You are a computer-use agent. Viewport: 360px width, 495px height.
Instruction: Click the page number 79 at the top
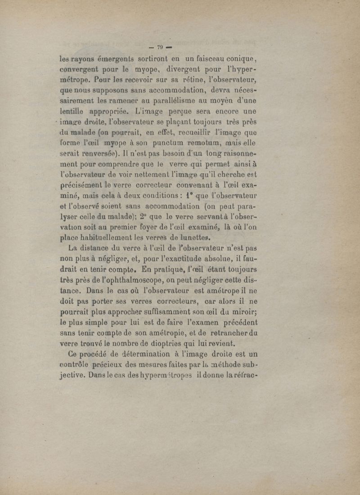coord(160,47)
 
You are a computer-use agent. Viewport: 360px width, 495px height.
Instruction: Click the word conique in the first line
coord(237,58)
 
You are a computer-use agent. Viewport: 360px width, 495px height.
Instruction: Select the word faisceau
coord(205,58)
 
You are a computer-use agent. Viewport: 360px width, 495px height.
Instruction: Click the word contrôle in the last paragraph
coord(77,364)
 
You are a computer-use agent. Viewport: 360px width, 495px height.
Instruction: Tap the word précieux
coord(119,364)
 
